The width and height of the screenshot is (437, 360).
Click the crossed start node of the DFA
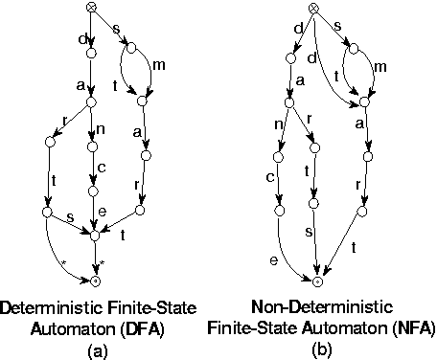click(92, 9)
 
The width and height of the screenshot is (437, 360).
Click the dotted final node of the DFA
click(94, 281)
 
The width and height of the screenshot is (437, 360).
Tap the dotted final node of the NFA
click(318, 281)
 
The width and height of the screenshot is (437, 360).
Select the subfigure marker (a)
click(94, 349)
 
